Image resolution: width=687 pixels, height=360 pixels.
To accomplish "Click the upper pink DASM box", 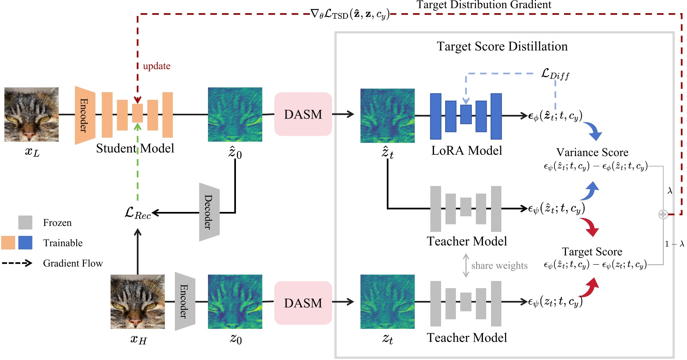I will click(303, 114).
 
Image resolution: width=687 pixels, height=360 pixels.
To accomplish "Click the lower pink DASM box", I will click(303, 303).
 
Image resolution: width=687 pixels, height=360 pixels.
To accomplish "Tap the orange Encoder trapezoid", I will click(85, 115).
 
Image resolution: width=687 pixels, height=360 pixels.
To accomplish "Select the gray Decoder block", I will click(209, 212).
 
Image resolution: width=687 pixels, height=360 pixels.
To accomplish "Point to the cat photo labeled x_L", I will click(32, 115).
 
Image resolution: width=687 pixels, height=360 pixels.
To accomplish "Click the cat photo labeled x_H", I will click(138, 302).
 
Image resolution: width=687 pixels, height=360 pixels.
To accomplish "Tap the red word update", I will click(156, 66).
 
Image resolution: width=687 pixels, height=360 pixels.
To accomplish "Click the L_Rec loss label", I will click(138, 213).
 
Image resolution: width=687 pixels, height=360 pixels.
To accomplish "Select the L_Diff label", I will click(555, 74).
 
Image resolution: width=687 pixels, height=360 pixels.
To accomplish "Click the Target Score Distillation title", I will click(502, 46).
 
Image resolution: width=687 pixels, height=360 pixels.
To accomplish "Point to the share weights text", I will click(499, 265).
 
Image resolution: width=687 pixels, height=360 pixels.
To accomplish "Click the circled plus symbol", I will click(663, 214).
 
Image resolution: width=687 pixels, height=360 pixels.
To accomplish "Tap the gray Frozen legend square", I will click(25, 222).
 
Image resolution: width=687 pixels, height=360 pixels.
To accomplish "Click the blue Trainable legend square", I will click(25, 243).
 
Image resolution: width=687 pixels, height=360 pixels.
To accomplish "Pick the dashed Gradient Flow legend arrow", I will click(17, 263).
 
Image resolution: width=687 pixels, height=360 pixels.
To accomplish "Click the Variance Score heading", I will click(592, 152).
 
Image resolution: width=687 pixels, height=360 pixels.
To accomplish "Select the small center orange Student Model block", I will click(138, 113).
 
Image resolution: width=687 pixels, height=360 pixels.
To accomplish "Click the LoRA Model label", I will click(466, 150).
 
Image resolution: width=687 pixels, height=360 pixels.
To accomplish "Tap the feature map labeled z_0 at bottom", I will click(235, 302).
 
